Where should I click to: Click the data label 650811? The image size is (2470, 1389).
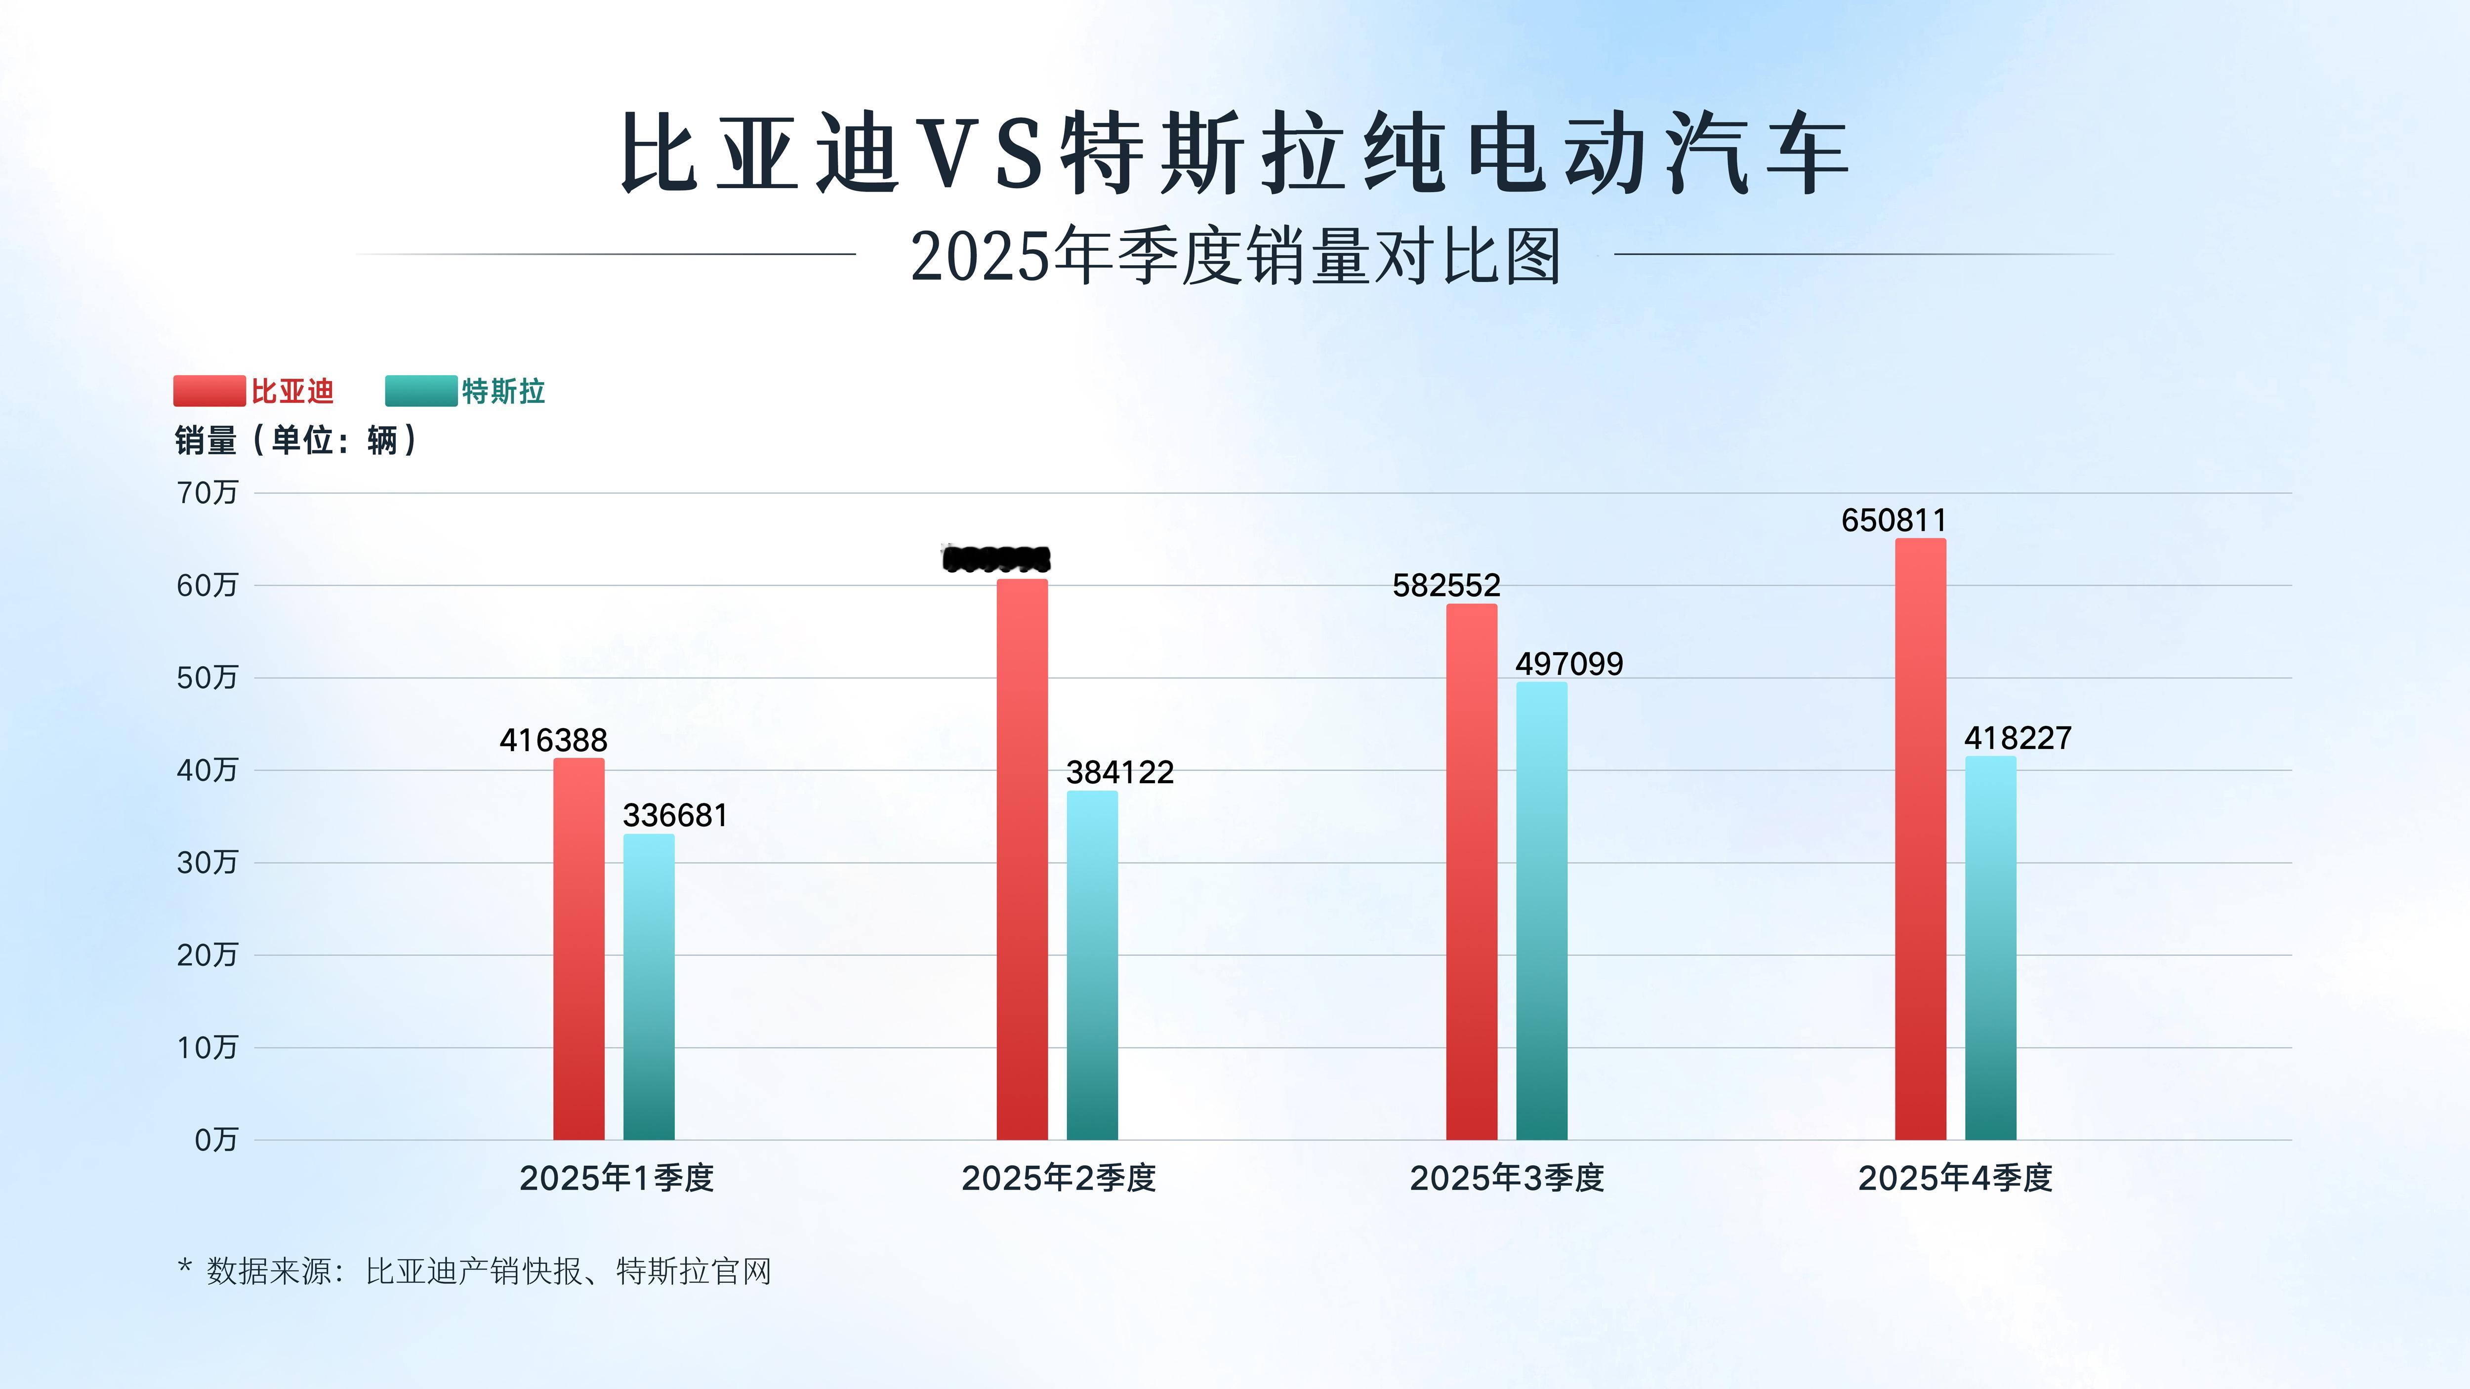1894,520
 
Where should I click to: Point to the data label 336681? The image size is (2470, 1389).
675,816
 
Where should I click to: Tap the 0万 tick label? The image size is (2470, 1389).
216,1140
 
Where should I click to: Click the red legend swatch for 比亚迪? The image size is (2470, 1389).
209,391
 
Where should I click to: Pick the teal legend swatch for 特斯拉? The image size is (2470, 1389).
421,391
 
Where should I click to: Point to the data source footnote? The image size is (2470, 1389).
475,1271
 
